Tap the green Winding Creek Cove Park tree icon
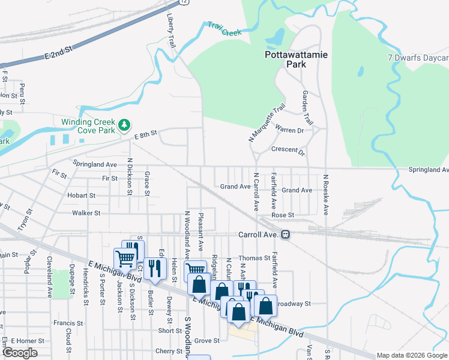[x=124, y=124]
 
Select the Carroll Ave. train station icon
[x=286, y=235]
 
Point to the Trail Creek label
[x=224, y=29]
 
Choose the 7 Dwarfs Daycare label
[x=418, y=58]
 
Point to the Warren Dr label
[x=289, y=130]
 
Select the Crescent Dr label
[x=288, y=150]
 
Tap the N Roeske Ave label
[x=326, y=195]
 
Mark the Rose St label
[x=283, y=215]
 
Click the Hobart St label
[x=82, y=196]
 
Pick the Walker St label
[x=84, y=213]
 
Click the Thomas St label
[x=259, y=258]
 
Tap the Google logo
[x=20, y=353]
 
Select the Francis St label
[x=64, y=323]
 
